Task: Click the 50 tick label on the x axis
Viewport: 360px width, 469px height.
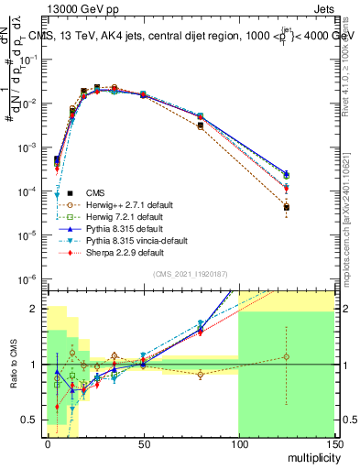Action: tap(142, 444)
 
